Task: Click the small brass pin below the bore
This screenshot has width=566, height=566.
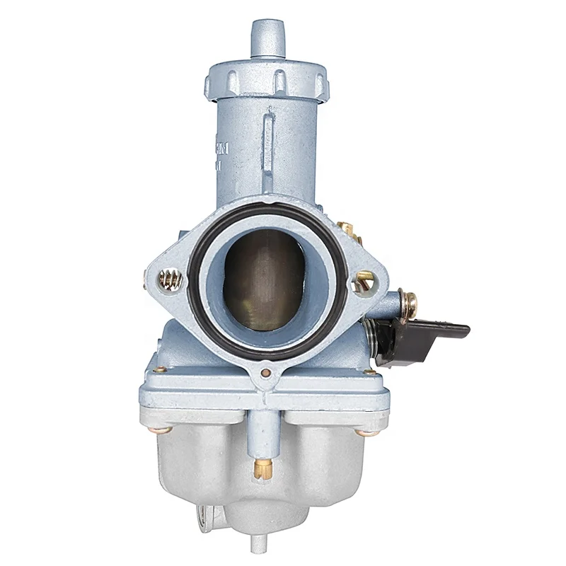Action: (x=266, y=372)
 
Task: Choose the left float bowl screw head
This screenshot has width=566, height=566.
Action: (x=162, y=429)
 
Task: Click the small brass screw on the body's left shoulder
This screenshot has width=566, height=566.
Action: (x=161, y=369)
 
